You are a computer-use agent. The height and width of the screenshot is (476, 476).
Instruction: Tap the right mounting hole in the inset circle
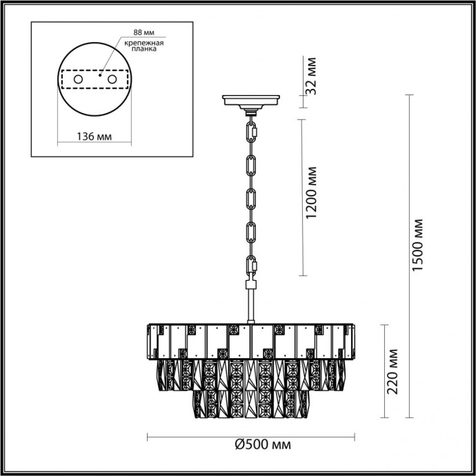click(x=108, y=80)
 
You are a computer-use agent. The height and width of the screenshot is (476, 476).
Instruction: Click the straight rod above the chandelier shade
click(x=250, y=304)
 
